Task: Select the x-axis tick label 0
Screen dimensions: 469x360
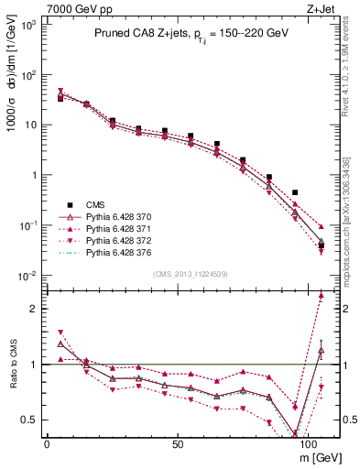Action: click(47, 442)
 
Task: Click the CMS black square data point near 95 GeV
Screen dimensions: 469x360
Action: click(294, 193)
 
